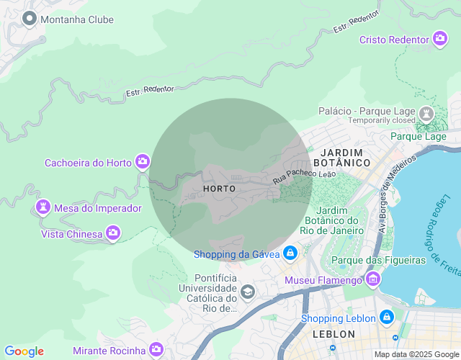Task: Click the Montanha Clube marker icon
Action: coord(30,19)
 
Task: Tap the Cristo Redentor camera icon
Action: coord(441,39)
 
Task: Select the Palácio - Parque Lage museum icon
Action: coord(426,113)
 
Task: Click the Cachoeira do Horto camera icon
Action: coord(143,162)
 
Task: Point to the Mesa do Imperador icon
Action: coord(43,208)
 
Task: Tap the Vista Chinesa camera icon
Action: coord(112,233)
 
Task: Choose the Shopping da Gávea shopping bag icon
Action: coord(290,253)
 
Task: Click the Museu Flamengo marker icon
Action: coord(373,279)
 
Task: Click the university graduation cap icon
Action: coord(248,291)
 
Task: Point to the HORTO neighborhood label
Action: coord(220,189)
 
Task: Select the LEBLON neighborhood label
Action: coord(334,335)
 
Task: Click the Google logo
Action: coord(24,351)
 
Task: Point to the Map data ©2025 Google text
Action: coord(416,354)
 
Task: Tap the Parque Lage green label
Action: coord(418,136)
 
